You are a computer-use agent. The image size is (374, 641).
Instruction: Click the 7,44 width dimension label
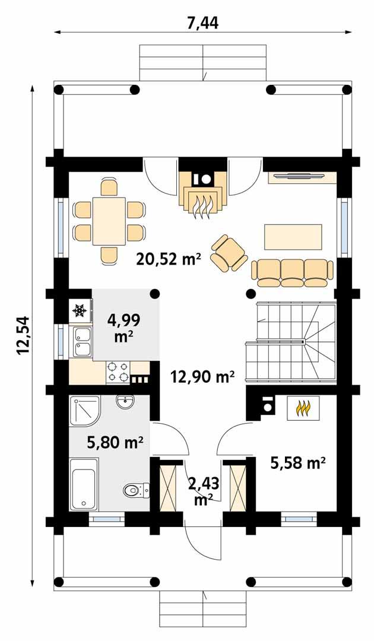pos(202,23)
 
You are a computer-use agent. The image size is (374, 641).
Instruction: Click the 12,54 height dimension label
pos(23,336)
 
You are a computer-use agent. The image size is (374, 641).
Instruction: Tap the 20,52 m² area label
pos(169,259)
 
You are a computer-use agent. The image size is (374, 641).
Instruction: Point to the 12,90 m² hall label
pos(202,376)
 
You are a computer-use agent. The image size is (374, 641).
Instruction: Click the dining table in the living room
pos(109,221)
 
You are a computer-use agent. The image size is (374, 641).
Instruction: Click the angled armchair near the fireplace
pos(229,254)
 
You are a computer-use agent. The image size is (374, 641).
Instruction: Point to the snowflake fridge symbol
pos(80,310)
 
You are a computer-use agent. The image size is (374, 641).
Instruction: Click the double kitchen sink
pos(81,342)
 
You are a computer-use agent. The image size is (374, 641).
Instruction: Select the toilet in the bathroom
pos(135,490)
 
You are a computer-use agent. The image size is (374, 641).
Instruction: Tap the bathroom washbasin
pos(126,403)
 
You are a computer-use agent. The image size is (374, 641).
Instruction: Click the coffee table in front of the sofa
pos(293,237)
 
